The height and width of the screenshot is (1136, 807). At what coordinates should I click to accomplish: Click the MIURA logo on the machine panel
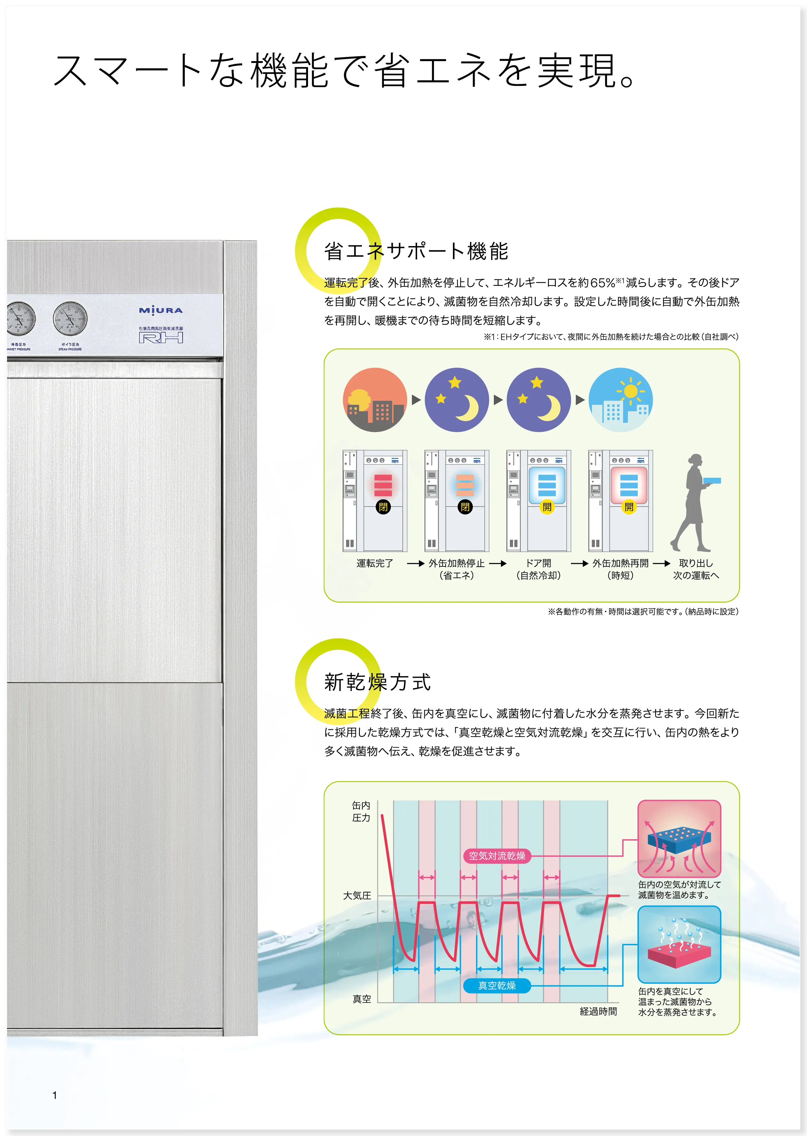(161, 310)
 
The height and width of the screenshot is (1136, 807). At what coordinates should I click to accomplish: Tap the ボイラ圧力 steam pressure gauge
(70, 318)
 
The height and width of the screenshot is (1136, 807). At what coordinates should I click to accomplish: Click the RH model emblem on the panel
(161, 338)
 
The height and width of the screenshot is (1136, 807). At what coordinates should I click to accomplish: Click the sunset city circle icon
(375, 400)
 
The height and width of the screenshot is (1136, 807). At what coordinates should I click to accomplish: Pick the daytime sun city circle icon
(620, 400)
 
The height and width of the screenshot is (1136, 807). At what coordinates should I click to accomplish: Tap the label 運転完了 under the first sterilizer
(375, 563)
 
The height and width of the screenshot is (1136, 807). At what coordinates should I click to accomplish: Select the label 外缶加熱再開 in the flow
(620, 563)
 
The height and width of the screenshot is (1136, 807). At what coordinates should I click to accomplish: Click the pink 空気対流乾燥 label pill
(497, 856)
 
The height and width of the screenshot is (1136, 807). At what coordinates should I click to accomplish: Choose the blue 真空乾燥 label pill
(497, 985)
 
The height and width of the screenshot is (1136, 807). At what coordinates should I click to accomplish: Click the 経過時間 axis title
(598, 1011)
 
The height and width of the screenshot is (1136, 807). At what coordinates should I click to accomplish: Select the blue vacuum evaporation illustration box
(679, 944)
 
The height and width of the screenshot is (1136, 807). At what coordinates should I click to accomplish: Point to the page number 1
(55, 1095)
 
